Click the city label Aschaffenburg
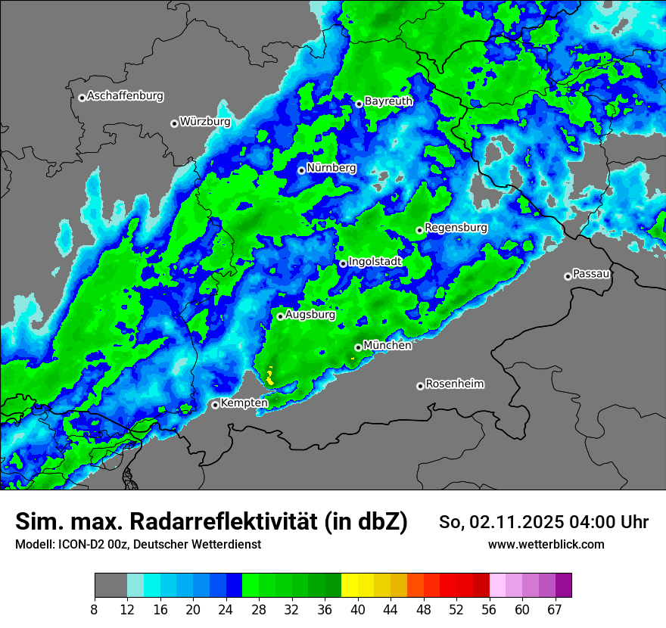point(125,96)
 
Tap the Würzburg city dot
point(174,123)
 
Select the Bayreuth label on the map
point(388,101)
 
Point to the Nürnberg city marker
point(301,170)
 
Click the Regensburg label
point(456,227)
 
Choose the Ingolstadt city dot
point(343,263)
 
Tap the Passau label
point(591,273)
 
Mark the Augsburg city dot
point(280,316)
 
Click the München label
point(387,345)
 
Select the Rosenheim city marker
point(420,386)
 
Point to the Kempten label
point(244,403)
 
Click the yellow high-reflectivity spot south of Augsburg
point(271,375)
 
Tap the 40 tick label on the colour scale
point(358,609)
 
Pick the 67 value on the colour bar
point(555,609)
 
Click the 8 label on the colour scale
point(95,609)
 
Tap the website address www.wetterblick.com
point(546,544)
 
